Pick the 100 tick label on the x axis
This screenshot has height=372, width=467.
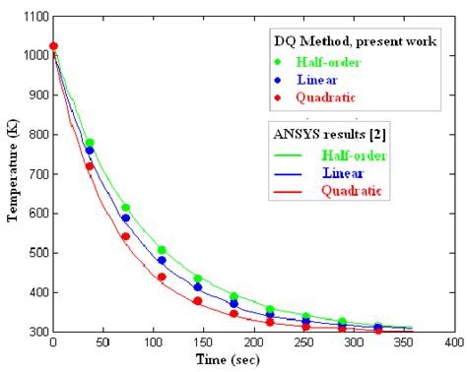154,344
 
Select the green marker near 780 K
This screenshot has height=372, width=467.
90,143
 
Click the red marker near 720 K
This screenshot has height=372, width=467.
90,166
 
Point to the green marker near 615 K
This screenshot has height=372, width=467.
125,208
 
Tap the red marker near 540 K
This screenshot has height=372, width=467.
125,236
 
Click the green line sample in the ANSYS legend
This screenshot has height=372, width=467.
288,154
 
